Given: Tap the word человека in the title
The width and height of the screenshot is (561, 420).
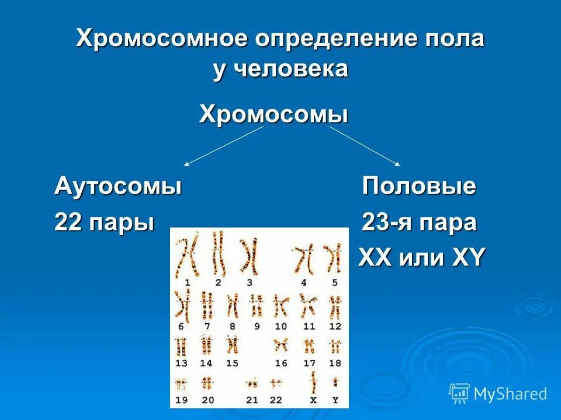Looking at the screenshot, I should (x=292, y=69).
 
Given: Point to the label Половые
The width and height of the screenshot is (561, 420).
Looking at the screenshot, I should (x=419, y=187).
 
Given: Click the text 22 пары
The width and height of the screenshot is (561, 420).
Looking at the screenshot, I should (x=105, y=223).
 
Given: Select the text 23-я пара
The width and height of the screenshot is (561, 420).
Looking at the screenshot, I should (x=419, y=223).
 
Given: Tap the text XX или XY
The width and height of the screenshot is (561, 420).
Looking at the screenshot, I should (x=421, y=258).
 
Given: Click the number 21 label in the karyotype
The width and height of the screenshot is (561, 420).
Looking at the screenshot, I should (x=252, y=401).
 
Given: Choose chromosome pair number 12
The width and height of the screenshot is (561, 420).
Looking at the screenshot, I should (x=335, y=305).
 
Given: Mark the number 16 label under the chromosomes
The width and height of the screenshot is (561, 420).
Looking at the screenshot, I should (x=281, y=363).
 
